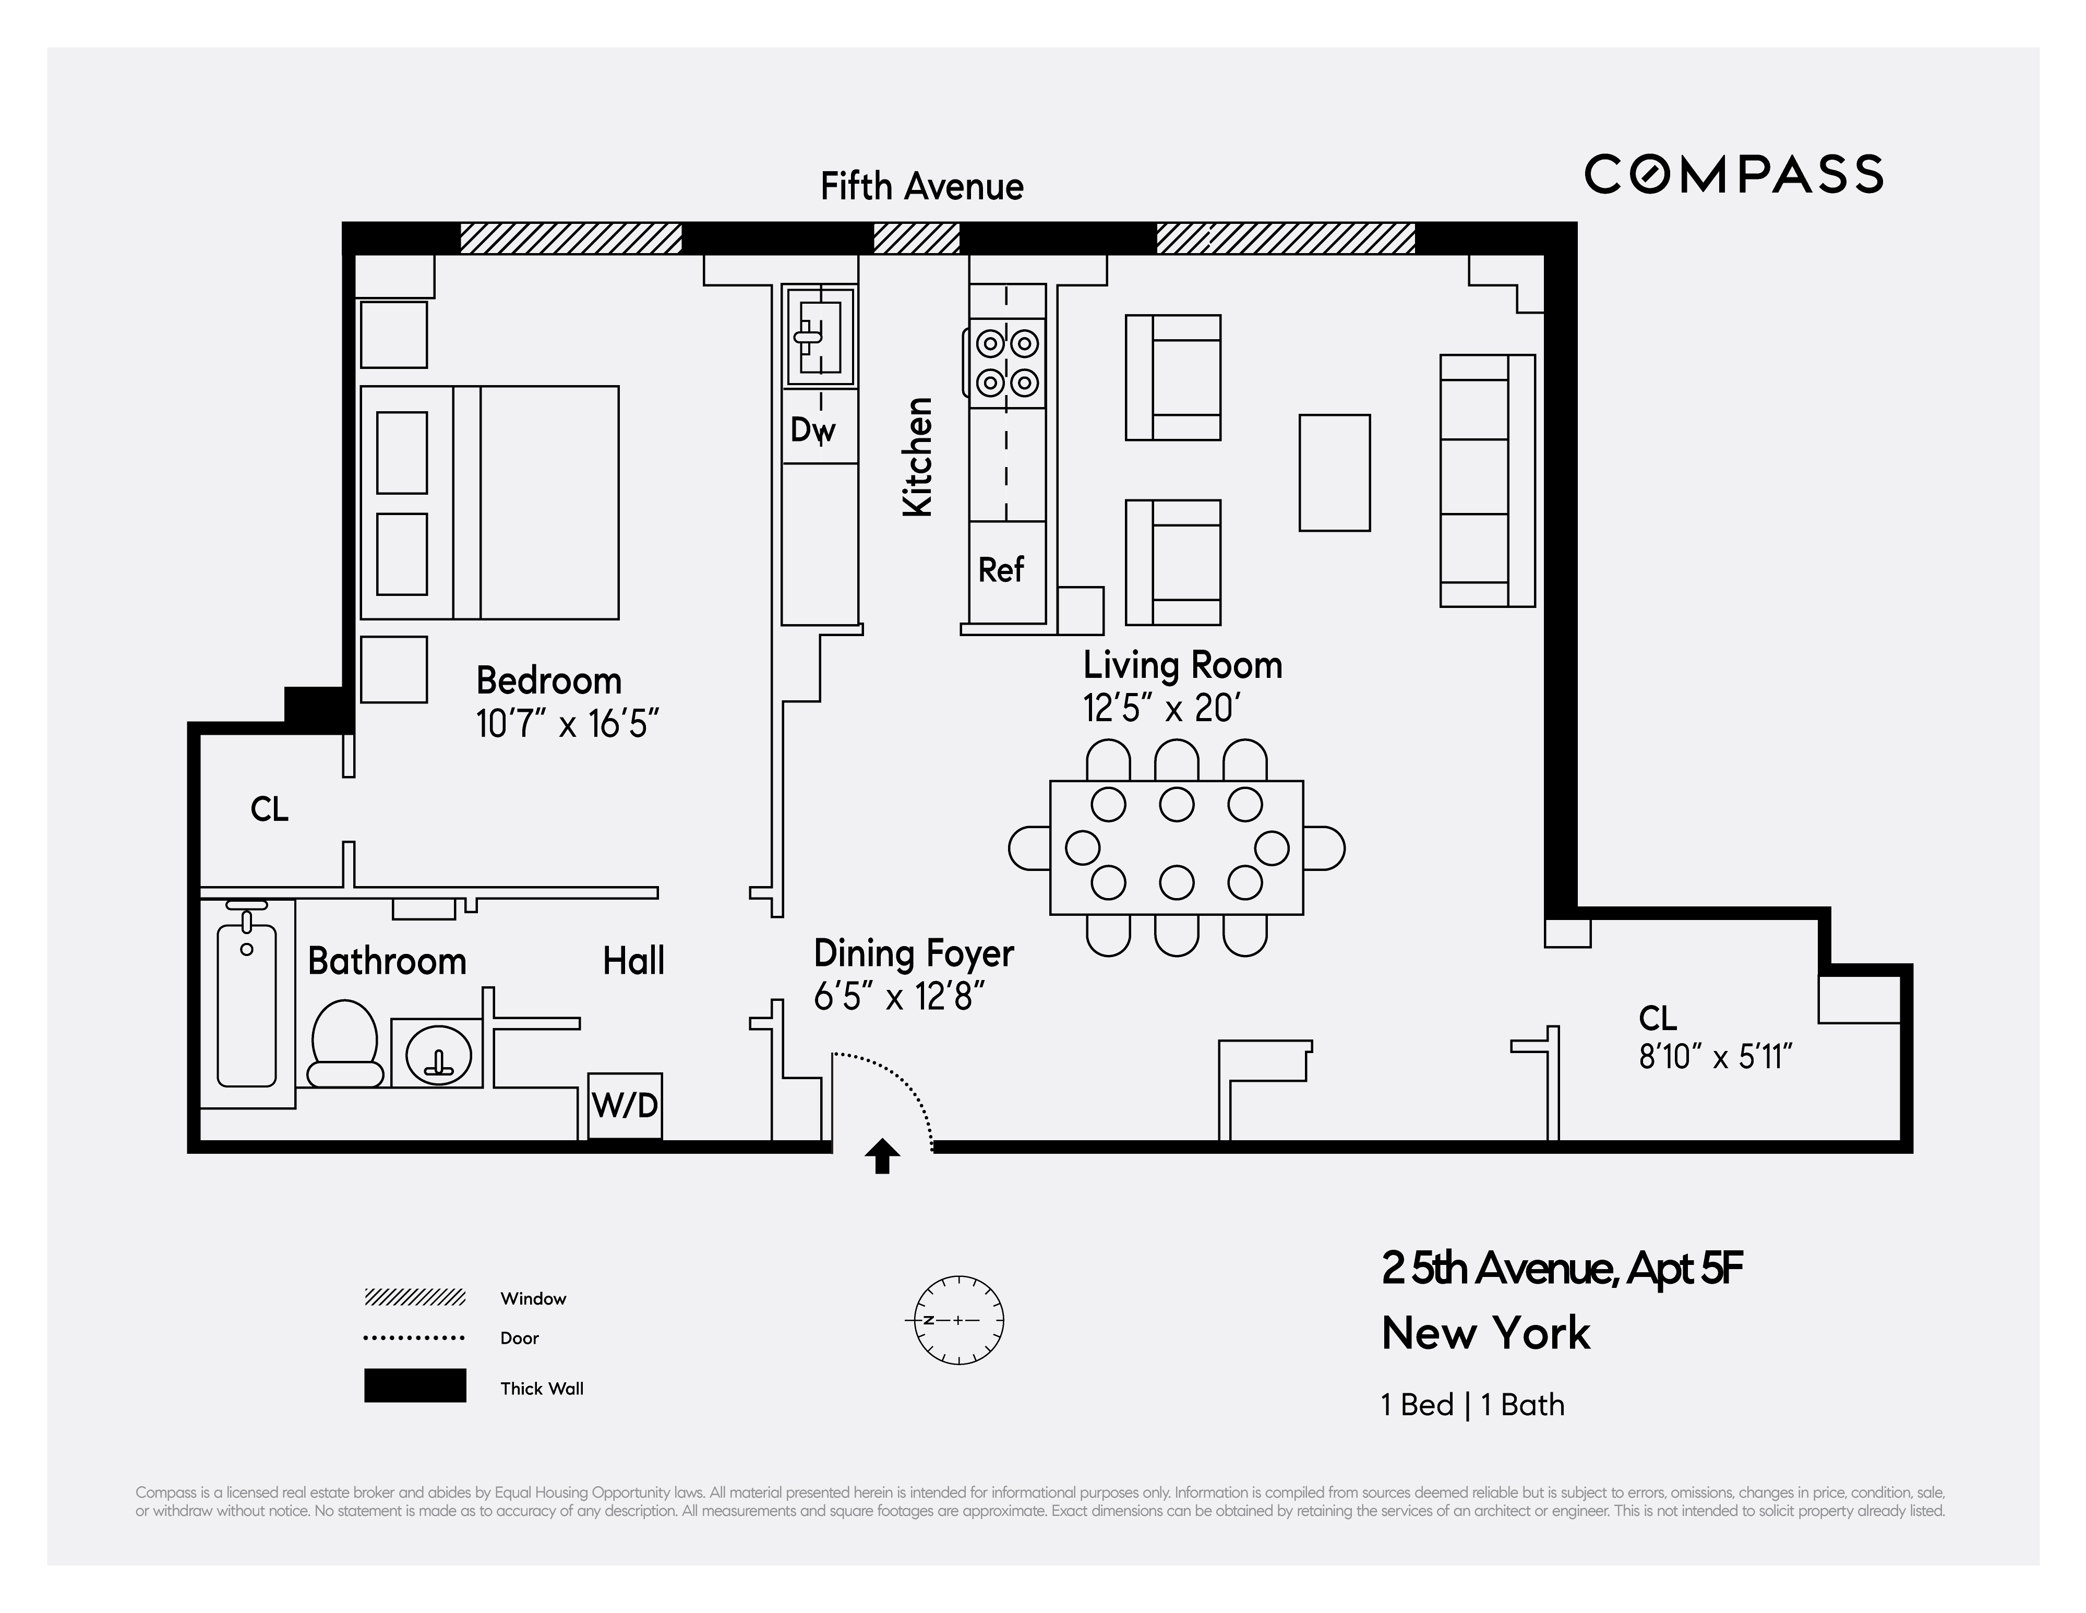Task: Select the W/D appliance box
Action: coord(625,1105)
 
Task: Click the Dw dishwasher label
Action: coord(812,430)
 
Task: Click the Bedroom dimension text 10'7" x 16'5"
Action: coord(567,724)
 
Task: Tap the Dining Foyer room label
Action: coord(913,953)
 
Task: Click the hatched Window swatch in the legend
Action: coord(414,1297)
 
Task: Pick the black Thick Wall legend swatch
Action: coord(414,1385)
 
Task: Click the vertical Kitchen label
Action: coord(917,458)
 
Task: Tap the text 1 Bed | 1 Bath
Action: coord(1472,1405)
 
